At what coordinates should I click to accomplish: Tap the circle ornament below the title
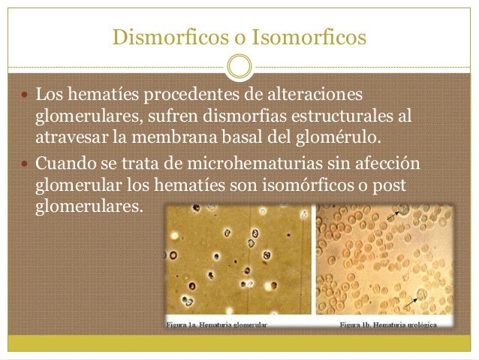[x=239, y=66]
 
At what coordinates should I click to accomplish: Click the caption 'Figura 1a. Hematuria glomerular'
[x=217, y=324]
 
